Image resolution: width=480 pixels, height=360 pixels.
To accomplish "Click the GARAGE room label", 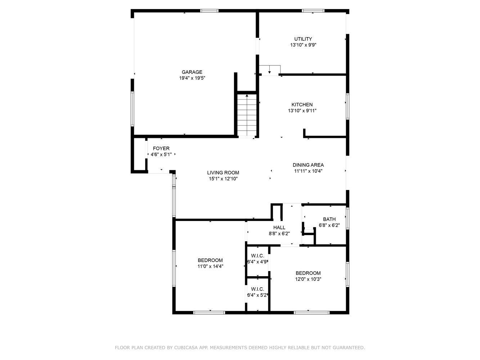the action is pyautogui.click(x=192, y=72).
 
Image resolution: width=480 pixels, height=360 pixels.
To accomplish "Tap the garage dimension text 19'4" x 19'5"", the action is pyautogui.click(x=192, y=78).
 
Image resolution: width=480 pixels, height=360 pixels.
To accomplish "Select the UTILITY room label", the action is pyautogui.click(x=303, y=39).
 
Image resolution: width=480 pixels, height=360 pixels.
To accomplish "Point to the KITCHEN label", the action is pyautogui.click(x=302, y=104).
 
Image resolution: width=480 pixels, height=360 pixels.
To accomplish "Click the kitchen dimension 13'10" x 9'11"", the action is pyautogui.click(x=302, y=111).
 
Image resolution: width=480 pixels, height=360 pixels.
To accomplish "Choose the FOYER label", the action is pyautogui.click(x=161, y=148).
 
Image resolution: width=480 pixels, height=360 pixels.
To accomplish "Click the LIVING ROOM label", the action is pyautogui.click(x=223, y=173).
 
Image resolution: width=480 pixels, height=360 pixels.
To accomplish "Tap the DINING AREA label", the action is pyautogui.click(x=308, y=165).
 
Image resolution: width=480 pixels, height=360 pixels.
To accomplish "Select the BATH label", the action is pyautogui.click(x=329, y=219).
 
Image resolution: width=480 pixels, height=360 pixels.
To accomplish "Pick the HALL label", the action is pyautogui.click(x=279, y=228).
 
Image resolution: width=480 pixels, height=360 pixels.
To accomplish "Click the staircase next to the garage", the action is pyautogui.click(x=247, y=115).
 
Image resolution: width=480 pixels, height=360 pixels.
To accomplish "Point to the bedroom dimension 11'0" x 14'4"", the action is pyautogui.click(x=210, y=266).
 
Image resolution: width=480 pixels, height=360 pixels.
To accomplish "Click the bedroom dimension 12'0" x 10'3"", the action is pyautogui.click(x=308, y=279).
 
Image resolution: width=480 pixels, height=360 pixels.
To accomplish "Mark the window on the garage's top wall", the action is pyautogui.click(x=209, y=11).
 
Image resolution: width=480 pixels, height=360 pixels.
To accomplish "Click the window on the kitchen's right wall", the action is pyautogui.click(x=347, y=107).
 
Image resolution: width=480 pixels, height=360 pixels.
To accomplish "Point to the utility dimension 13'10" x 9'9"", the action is pyautogui.click(x=303, y=45).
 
